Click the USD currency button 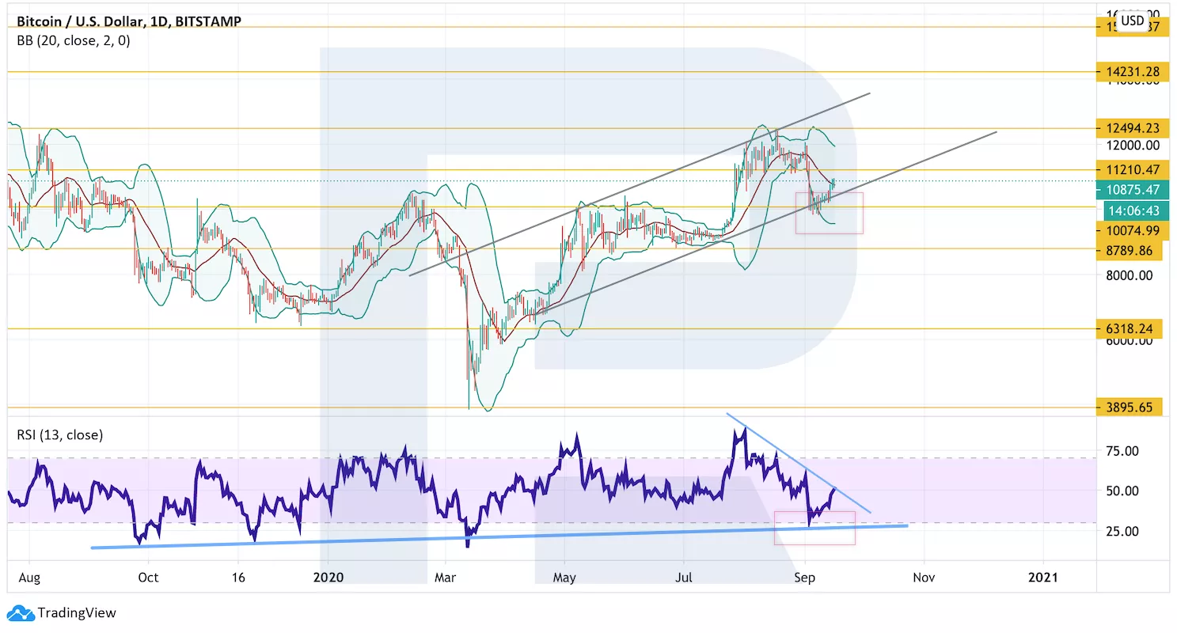[1133, 21]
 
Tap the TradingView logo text [77, 612]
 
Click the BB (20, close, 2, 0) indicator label [74, 40]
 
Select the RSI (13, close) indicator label [60, 434]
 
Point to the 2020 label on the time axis [328, 578]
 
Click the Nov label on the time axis [923, 578]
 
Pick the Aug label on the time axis [29, 578]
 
